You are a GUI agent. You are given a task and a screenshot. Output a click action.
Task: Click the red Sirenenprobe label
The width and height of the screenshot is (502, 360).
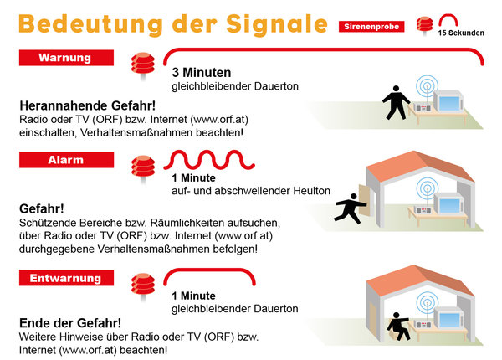371,27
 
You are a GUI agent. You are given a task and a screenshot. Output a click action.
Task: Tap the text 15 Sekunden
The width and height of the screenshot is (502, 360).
461,33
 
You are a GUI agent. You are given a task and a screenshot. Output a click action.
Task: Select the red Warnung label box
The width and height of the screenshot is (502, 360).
66,58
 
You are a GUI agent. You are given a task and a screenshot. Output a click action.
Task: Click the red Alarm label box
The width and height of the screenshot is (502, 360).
66,160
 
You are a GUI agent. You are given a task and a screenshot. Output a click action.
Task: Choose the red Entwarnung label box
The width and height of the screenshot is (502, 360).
66,278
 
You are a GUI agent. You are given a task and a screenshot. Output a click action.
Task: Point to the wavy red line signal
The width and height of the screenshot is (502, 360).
209,159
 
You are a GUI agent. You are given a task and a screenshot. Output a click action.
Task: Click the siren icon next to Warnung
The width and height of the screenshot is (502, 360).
143,66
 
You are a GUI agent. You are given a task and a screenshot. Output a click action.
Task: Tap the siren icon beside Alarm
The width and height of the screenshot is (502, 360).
143,169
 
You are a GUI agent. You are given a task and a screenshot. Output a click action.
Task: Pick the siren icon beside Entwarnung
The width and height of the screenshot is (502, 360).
143,286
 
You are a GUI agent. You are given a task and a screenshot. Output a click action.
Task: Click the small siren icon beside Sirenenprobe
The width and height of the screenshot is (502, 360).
424,26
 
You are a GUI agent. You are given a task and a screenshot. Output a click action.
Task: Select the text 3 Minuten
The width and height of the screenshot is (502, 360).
202,72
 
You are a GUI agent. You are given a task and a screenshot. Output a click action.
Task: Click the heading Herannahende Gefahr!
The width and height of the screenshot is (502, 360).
88,105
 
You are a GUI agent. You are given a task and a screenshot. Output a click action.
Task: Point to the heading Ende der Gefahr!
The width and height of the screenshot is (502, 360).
70,323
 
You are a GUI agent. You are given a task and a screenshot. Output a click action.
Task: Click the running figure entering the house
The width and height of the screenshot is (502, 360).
350,208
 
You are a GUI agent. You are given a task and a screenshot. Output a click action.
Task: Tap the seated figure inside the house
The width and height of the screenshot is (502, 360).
398,326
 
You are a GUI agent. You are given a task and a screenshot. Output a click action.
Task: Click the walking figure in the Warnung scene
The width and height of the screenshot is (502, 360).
396,102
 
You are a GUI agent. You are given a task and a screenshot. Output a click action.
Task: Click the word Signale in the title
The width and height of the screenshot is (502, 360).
277,24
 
